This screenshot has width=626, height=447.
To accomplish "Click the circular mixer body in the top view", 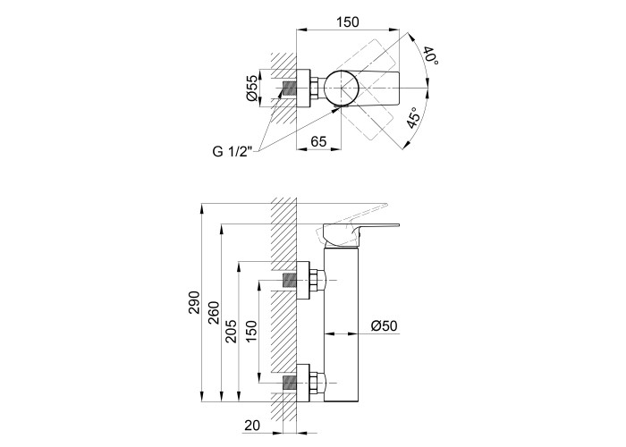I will click(341, 89).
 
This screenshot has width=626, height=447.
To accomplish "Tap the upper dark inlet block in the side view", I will click(289, 280).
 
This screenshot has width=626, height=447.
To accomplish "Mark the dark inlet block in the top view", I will click(289, 89).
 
